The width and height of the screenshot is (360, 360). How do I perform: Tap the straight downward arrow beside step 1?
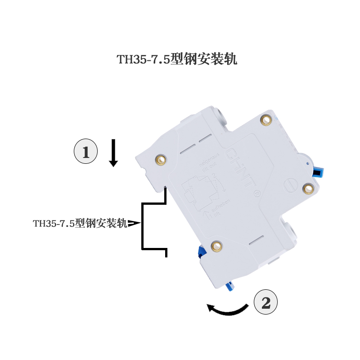click(x=113, y=153)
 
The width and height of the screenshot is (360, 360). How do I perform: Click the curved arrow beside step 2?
click(x=227, y=309)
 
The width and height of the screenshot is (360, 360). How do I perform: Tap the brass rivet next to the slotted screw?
click(x=308, y=188)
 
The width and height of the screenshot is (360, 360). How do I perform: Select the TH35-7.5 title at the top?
click(x=177, y=60)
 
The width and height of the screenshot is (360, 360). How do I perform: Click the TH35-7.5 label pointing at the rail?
click(x=80, y=223)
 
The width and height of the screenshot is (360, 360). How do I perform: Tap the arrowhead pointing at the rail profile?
click(x=134, y=223)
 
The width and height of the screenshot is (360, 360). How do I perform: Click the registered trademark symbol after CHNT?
click(x=258, y=194)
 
